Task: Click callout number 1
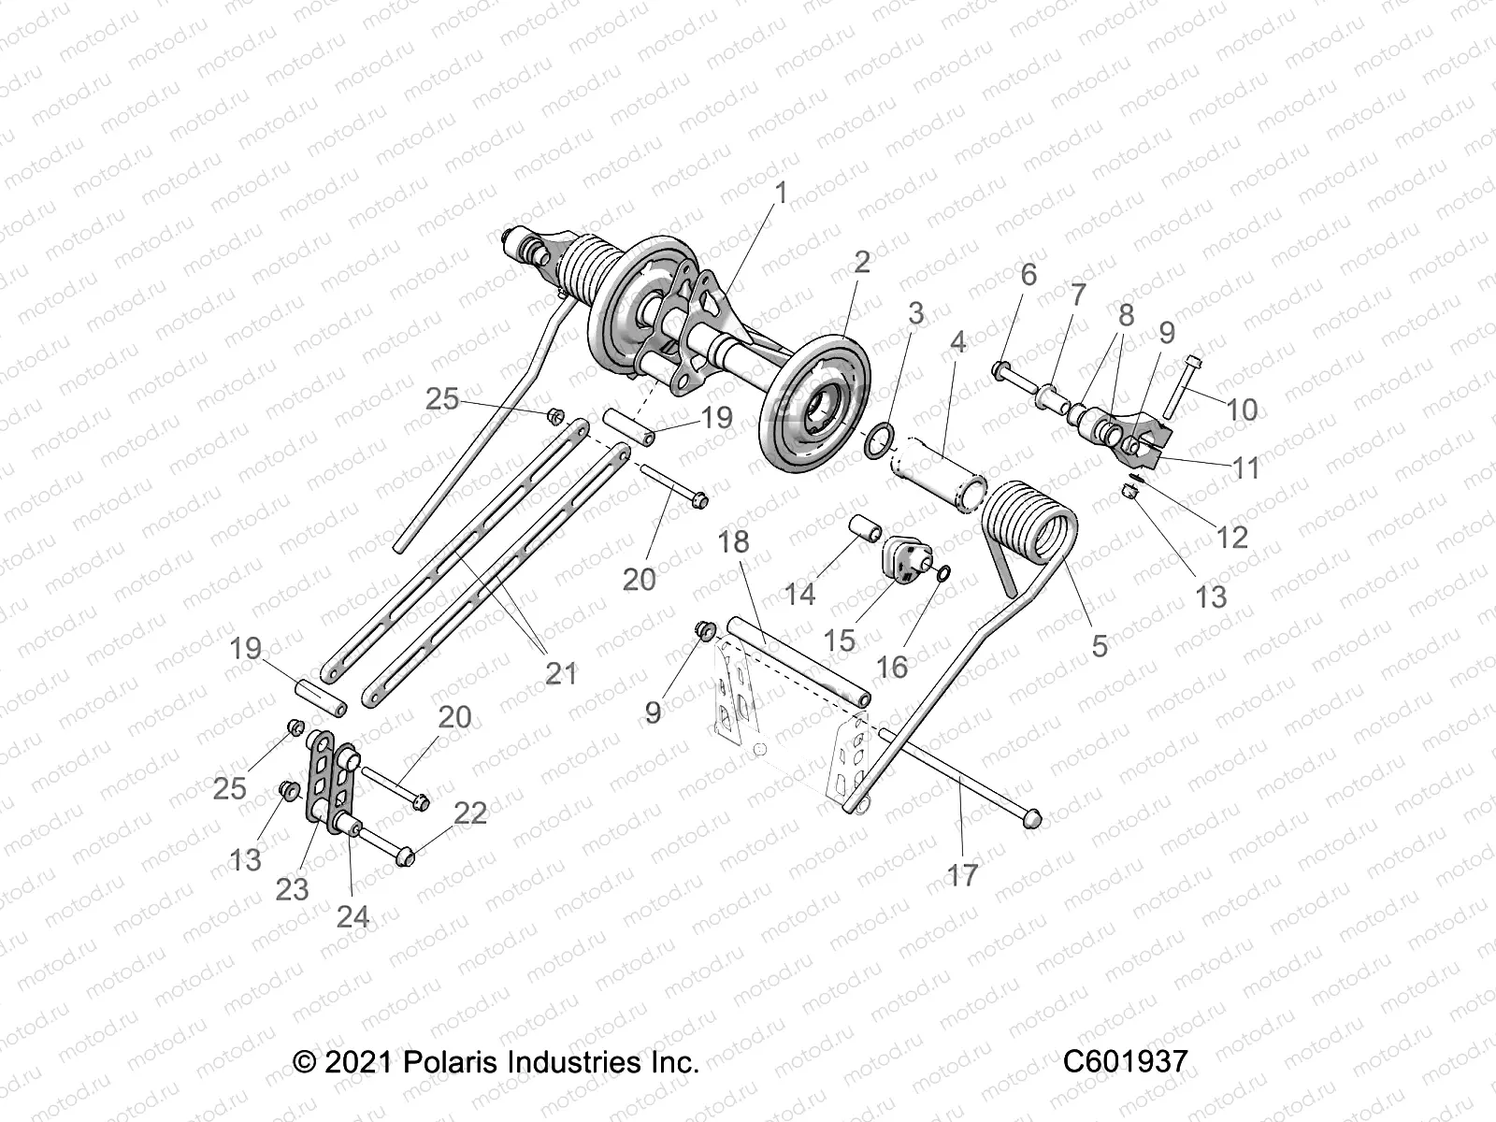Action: (780, 194)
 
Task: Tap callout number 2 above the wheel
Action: (861, 262)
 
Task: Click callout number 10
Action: (1242, 410)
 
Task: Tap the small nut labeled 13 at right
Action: (1130, 492)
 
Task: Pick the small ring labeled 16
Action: (942, 572)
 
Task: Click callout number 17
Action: (962, 875)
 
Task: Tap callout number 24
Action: (352, 916)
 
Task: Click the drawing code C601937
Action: (1125, 1061)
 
